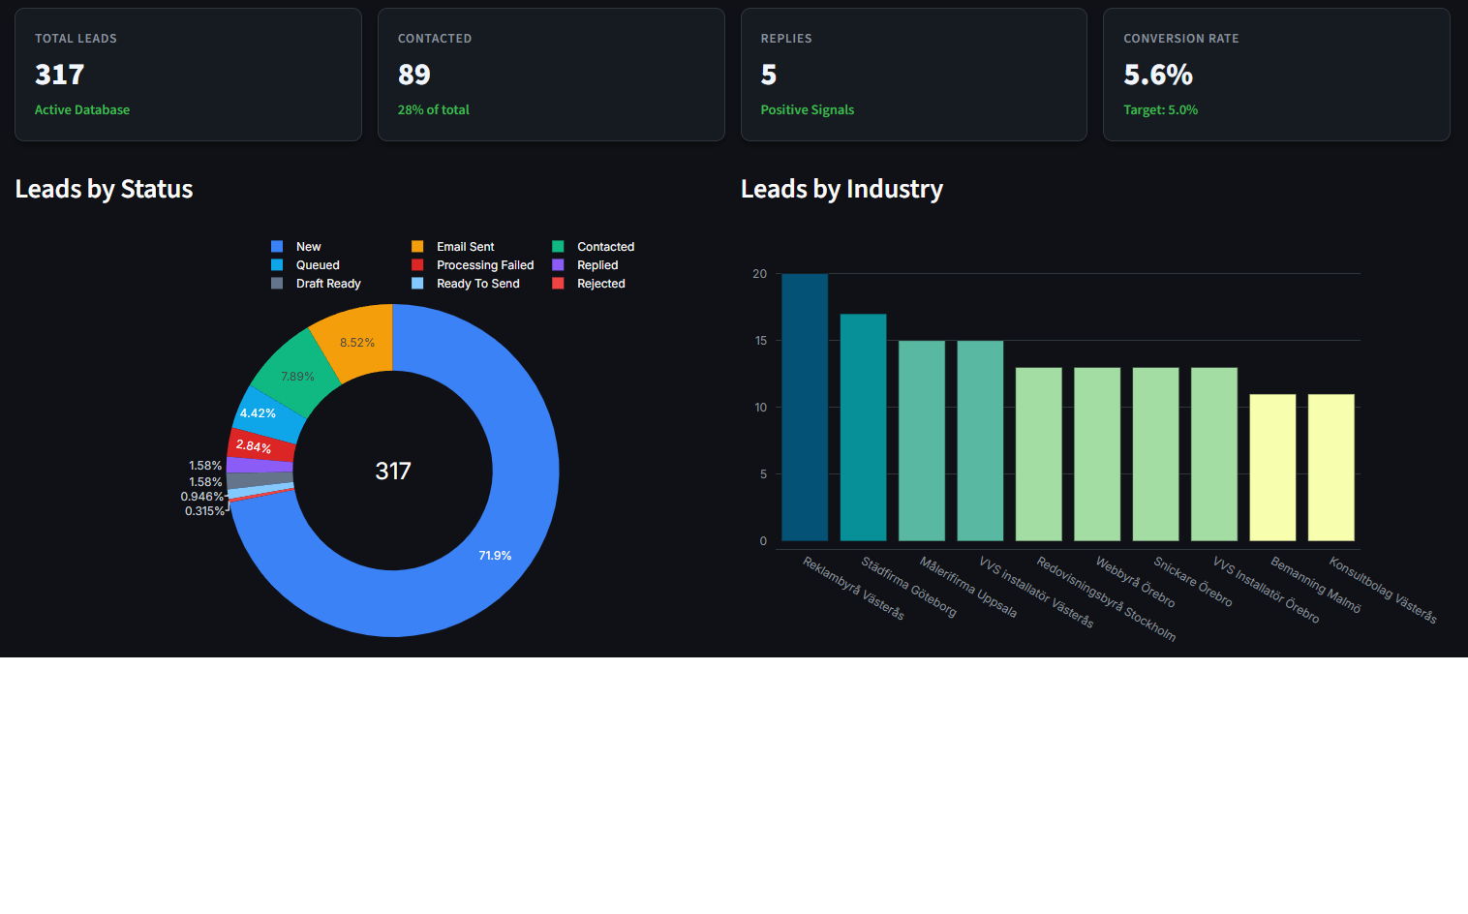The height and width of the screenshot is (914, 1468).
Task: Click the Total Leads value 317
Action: pos(59,75)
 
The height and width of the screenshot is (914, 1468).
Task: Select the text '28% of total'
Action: pos(433,110)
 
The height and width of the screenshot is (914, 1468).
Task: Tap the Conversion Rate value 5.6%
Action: pos(1157,75)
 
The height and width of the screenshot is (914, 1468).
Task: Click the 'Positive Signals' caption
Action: pos(807,110)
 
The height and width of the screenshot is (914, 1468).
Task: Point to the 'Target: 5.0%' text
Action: pos(1160,110)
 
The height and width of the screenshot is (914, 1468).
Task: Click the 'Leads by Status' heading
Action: pos(104,189)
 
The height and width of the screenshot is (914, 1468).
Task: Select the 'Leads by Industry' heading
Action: pos(841,189)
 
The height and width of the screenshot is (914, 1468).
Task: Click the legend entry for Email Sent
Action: pos(464,247)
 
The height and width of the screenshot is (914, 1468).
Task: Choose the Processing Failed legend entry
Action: pos(484,265)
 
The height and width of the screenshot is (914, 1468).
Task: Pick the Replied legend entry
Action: pos(596,265)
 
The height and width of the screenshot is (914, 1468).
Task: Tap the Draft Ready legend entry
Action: pos(327,284)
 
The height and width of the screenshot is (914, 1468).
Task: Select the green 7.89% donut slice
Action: pos(296,377)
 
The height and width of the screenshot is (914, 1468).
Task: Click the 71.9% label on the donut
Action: pos(495,556)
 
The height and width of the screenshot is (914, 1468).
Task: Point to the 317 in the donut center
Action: pos(393,472)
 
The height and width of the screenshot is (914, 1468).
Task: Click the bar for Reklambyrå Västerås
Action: pos(805,408)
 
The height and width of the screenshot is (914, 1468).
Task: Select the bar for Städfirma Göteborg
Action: pos(863,427)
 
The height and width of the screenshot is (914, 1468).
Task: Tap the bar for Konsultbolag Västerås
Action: pos(1330,468)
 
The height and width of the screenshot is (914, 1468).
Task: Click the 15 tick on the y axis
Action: pos(760,341)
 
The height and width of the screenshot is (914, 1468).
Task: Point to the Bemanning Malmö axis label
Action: pos(1316,585)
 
